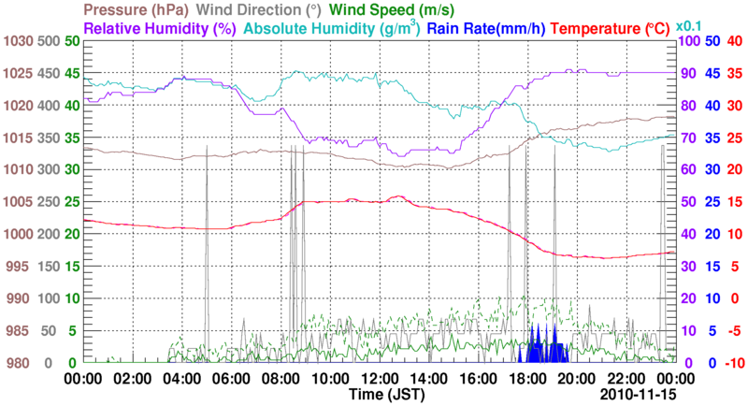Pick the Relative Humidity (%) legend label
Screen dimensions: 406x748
pos(158,28)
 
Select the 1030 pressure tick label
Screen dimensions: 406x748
pos(18,41)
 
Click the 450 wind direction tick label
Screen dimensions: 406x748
pos(49,73)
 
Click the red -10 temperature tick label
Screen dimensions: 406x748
pos(732,363)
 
